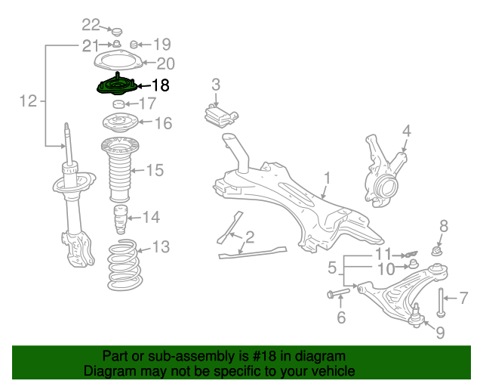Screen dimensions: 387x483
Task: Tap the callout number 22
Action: [91, 24]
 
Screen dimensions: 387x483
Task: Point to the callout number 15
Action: [154, 170]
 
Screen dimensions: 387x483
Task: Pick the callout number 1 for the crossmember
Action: [328, 178]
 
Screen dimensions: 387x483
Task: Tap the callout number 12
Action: [28, 101]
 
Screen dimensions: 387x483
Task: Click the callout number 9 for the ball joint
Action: [441, 331]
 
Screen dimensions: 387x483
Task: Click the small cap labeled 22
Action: [116, 32]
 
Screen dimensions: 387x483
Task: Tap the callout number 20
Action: [165, 63]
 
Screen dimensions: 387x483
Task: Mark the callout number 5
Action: [331, 268]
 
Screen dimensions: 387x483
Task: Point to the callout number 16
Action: [163, 122]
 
